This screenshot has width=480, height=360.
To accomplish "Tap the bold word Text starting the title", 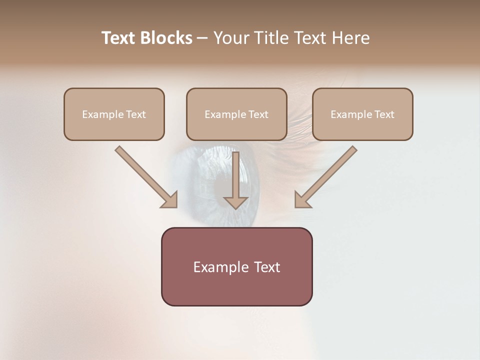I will click(x=119, y=38).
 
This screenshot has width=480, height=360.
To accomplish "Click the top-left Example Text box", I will click(x=114, y=114).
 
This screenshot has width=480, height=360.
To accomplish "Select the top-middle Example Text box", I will click(x=236, y=114).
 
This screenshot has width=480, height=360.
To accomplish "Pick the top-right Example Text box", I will click(x=362, y=114).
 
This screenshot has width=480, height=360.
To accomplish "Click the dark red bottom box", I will click(x=236, y=266).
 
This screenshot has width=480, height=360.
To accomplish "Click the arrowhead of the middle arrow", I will click(x=236, y=202).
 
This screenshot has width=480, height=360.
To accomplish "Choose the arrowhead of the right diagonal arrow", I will click(x=302, y=200).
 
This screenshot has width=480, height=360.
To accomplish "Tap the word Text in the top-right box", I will click(x=384, y=114).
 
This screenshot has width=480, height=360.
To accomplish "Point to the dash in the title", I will click(x=202, y=38).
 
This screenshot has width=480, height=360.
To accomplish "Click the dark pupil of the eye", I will click(x=227, y=185).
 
